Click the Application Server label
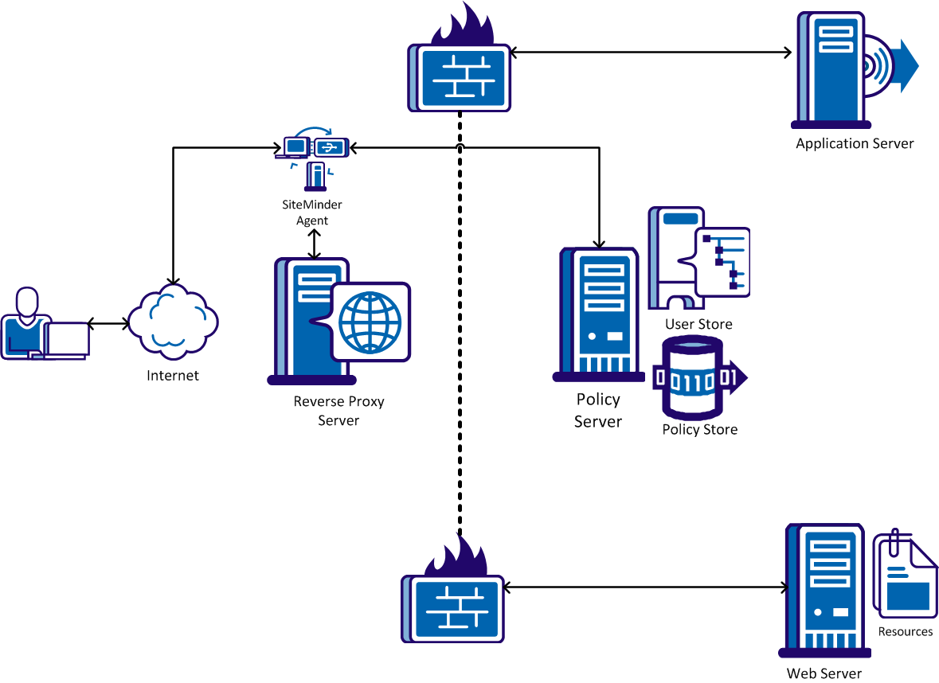pyautogui.click(x=855, y=144)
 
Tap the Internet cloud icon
pyautogui.click(x=173, y=323)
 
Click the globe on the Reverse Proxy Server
pyautogui.click(x=370, y=322)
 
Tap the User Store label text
pyautogui.click(x=698, y=325)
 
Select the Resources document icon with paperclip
pyautogui.click(x=906, y=575)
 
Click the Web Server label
pyautogui.click(x=824, y=673)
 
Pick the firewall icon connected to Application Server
pyautogui.click(x=460, y=68)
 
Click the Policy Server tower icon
pyautogui.click(x=599, y=314)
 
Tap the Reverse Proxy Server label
pyautogui.click(x=338, y=411)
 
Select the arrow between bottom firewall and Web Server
pyautogui.click(x=645, y=588)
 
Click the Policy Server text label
pyautogui.click(x=598, y=411)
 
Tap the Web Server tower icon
pyautogui.click(x=824, y=589)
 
